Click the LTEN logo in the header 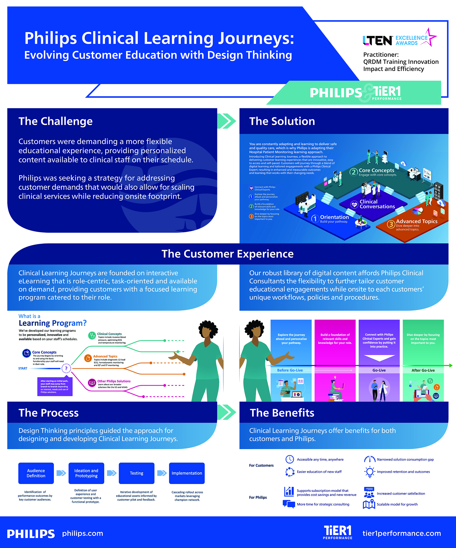[377, 40]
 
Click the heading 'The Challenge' [56, 121]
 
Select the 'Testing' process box [137, 473]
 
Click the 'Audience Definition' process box [36, 473]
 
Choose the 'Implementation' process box [187, 473]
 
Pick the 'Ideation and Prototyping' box [86, 473]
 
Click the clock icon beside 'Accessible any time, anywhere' [290, 459]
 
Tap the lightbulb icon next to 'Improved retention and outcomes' [370, 472]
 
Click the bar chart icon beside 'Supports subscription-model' [289, 492]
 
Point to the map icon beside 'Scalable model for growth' [369, 504]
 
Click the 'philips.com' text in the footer [83, 533]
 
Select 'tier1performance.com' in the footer [402, 533]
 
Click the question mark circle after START [66, 368]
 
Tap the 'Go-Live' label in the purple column [379, 370]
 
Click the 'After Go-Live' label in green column [423, 370]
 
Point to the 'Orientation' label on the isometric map [334, 217]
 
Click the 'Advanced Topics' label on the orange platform [417, 221]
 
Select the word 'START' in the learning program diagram [23, 368]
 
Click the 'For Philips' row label [258, 497]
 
